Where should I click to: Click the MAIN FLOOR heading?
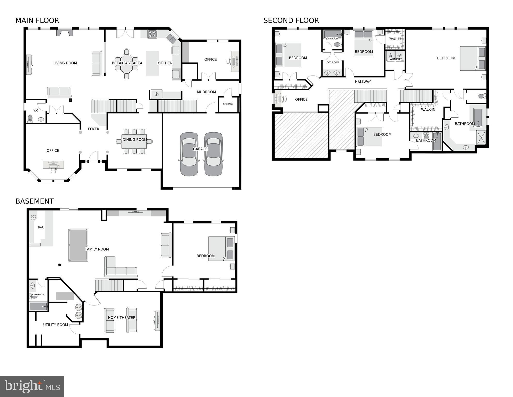click(x=37, y=20)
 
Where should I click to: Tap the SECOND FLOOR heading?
click(x=291, y=20)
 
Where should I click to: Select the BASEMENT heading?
click(x=35, y=201)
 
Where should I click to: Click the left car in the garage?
click(x=189, y=154)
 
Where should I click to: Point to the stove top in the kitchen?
click(x=152, y=34)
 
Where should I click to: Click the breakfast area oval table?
click(x=127, y=63)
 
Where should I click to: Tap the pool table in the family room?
click(x=78, y=245)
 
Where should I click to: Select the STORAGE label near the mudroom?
click(x=228, y=104)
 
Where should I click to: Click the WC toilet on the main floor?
click(x=30, y=118)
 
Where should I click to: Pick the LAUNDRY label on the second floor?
click(x=395, y=59)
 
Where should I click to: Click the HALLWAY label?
click(x=363, y=82)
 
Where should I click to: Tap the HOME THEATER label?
click(x=122, y=318)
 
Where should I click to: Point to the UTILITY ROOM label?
click(x=56, y=325)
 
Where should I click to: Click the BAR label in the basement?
click(x=41, y=228)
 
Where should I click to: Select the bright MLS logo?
click(x=32, y=386)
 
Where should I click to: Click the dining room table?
click(x=134, y=141)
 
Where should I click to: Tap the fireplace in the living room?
click(x=65, y=33)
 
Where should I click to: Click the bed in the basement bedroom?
click(x=221, y=249)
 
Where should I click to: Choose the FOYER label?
click(x=93, y=129)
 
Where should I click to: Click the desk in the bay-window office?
click(x=53, y=164)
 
